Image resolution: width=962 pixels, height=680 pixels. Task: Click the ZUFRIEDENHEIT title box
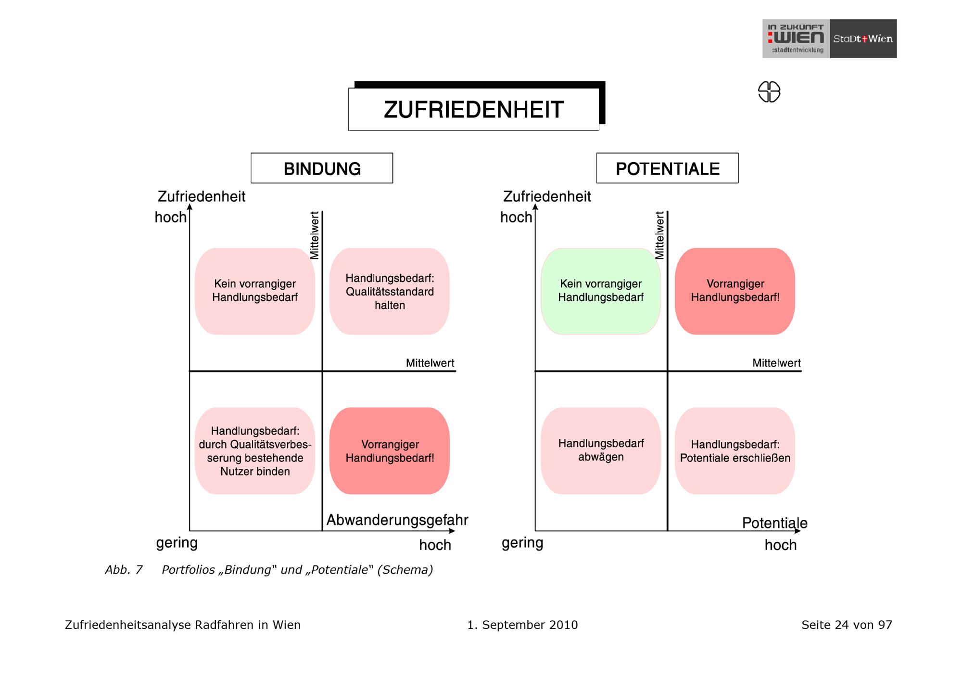[x=474, y=109]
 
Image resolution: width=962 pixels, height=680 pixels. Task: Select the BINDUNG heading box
[x=322, y=168]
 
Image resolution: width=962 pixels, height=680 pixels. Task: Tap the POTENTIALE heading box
[x=667, y=168]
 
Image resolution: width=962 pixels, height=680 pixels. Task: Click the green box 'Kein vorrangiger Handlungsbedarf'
[x=601, y=291]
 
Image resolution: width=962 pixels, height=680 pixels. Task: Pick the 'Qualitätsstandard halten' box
[x=390, y=291]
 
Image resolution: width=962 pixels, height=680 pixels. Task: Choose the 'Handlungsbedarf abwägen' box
[x=601, y=451]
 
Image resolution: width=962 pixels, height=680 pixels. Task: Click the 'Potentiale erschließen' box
[x=735, y=451]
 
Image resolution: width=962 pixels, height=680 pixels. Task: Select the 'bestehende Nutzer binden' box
[x=255, y=451]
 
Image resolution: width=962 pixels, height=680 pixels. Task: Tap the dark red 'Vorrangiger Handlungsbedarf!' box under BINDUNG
[x=390, y=451]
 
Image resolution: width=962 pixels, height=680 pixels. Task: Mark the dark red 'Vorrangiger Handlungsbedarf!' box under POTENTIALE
[x=735, y=291]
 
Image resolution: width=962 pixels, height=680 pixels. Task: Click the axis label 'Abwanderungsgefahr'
[x=397, y=520]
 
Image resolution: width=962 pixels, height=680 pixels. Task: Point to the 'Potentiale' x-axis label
[x=775, y=523]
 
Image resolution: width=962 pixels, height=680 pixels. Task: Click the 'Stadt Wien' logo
[x=863, y=38]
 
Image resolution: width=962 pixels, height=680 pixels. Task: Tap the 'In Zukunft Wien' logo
[x=796, y=38]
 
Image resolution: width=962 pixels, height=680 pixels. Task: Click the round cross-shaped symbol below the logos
[x=769, y=91]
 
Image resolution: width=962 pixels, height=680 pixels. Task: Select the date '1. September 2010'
[x=523, y=625]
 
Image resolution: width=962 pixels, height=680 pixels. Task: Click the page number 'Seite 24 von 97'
[x=847, y=625]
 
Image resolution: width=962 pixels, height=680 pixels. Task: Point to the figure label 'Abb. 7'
[x=124, y=570]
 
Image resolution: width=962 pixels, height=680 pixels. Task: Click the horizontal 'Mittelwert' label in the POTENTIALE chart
[x=777, y=363]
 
